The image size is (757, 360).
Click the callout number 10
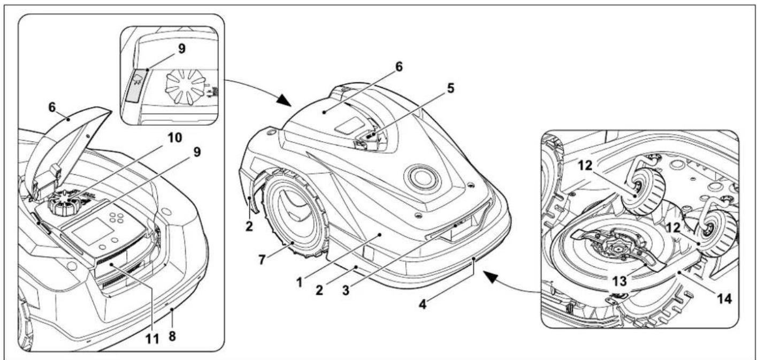tap(174, 137)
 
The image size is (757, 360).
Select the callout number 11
tap(152, 339)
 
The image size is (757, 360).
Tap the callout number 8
tap(172, 336)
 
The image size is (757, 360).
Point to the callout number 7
tap(262, 259)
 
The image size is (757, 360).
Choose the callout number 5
tap(450, 88)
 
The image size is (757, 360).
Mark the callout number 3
tap(346, 290)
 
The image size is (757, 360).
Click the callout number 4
tap(423, 304)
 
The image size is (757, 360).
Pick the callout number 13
tap(619, 281)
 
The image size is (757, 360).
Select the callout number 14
tap(724, 298)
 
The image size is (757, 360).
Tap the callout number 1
tap(300, 282)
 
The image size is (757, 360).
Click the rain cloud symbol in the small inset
tap(137, 80)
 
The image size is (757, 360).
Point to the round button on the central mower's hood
tap(423, 178)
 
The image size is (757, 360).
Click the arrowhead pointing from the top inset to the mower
tap(285, 100)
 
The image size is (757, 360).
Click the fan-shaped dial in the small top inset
tap(186, 87)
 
